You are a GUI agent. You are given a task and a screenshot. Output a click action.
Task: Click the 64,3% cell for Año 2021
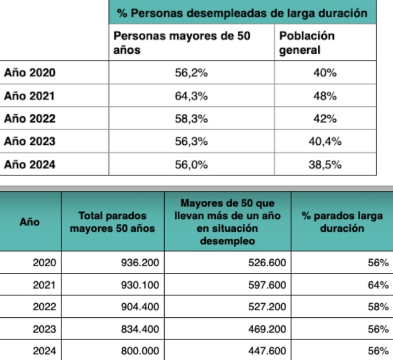point(191,96)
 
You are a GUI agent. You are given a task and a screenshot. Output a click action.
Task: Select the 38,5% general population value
point(325,165)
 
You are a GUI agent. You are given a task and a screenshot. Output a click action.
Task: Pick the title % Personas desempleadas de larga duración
point(242,13)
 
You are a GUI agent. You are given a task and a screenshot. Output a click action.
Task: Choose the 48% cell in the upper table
point(325,96)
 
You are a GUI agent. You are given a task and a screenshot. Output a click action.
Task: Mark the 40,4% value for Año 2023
point(325,142)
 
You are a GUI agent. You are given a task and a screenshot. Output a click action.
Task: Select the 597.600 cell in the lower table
point(268,285)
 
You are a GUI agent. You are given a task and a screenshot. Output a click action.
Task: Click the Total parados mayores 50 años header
point(112,222)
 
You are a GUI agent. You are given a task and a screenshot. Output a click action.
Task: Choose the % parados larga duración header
point(342,222)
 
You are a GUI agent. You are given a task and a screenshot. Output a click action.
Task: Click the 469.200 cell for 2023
point(268,329)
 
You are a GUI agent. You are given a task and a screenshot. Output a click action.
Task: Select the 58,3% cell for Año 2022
point(191,119)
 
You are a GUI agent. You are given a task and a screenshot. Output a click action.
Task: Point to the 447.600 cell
point(268,350)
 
